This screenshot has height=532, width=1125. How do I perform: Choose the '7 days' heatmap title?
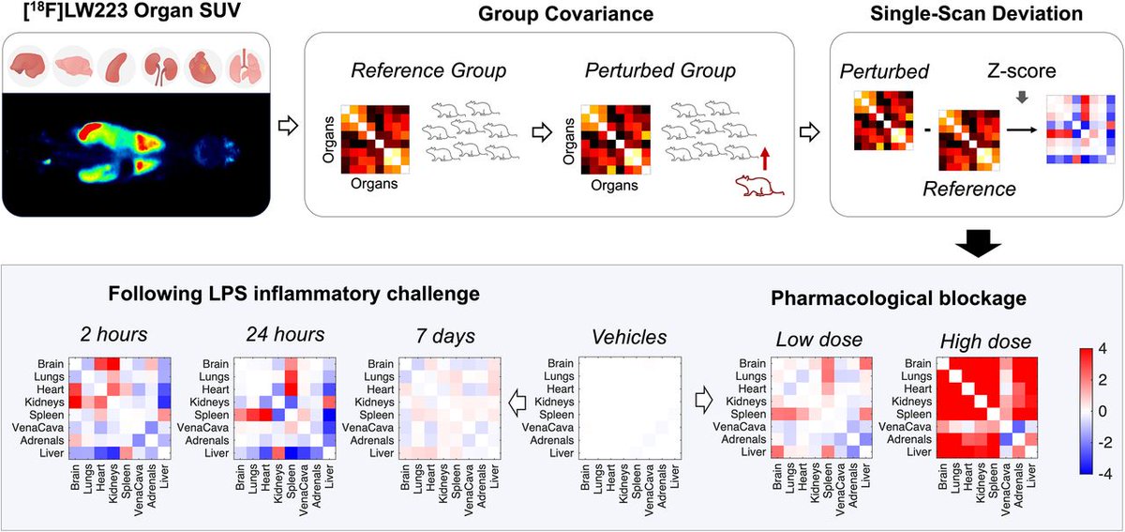[447, 334]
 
